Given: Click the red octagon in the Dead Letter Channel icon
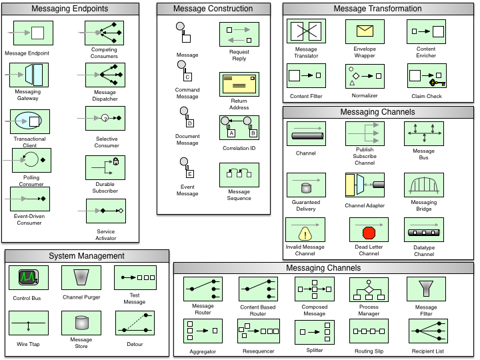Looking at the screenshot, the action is [x=369, y=233].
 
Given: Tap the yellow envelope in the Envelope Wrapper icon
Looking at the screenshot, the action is [x=365, y=31].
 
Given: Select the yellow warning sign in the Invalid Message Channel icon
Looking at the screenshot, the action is [x=305, y=234].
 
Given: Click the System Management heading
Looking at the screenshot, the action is [x=87, y=256].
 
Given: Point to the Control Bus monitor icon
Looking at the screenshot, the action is [x=29, y=277].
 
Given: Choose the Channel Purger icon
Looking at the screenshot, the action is [x=81, y=277].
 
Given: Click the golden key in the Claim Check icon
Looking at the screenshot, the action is [x=437, y=83].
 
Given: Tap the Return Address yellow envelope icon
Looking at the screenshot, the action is [x=239, y=84].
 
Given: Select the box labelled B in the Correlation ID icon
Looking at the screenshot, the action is [x=253, y=133].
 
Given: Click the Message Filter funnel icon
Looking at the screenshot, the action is [x=426, y=289].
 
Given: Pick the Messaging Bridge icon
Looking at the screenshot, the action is [x=424, y=185].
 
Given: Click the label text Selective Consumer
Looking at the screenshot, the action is [x=107, y=142].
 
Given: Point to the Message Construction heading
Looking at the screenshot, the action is [x=213, y=9].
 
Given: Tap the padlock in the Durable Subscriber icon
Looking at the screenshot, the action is [x=116, y=161].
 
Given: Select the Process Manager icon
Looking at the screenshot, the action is [x=369, y=289].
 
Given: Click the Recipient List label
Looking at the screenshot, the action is [x=427, y=351].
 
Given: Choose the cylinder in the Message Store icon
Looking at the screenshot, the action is [x=82, y=323].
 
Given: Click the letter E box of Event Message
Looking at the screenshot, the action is [x=190, y=174].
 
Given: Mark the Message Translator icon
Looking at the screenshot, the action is [x=306, y=31].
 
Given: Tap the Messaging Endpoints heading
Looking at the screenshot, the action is [x=70, y=9].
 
